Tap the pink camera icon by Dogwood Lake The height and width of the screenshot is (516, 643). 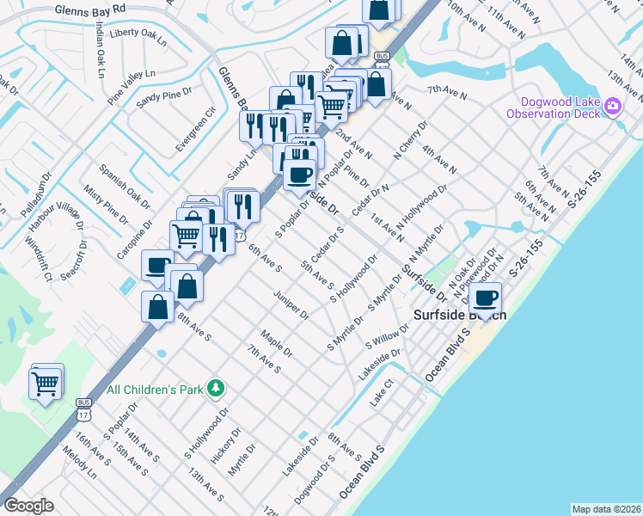(612, 107)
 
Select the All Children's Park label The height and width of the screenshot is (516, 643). (155, 390)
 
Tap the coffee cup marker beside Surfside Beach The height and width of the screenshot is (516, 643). (487, 299)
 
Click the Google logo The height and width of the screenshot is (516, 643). (28, 506)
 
